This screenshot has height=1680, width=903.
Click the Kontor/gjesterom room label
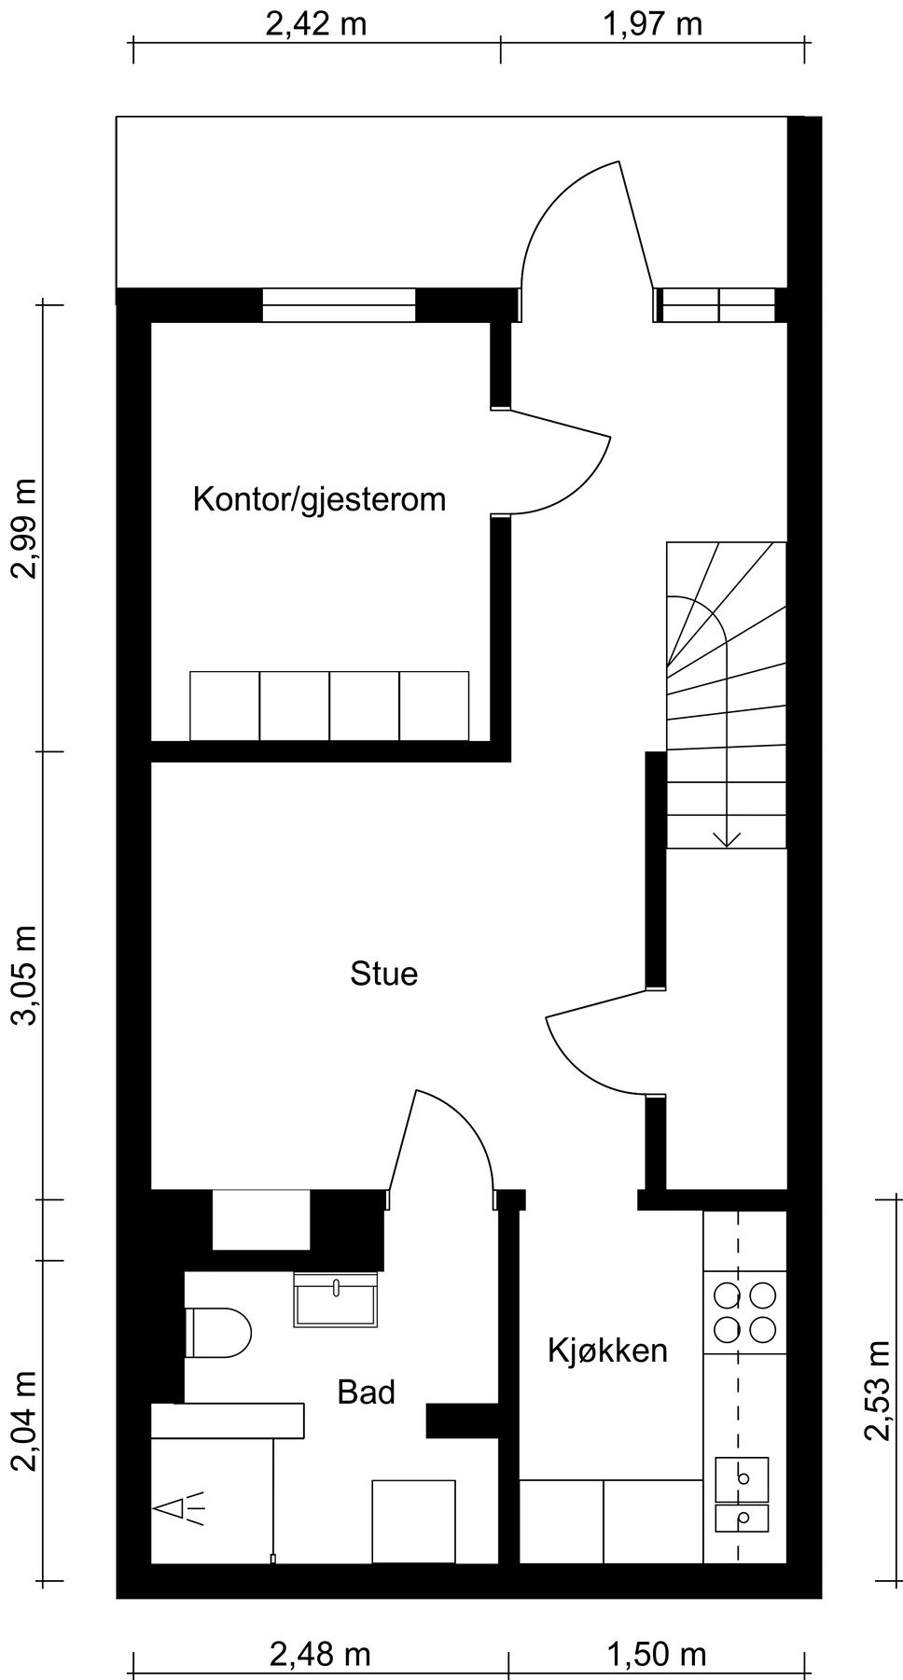[319, 499]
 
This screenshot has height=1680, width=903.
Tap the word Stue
[383, 973]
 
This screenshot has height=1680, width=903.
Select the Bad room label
[366, 1392]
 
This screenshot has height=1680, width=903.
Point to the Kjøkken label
[607, 1350]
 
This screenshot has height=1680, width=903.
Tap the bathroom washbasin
[336, 1300]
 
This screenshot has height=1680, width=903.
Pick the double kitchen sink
[743, 1493]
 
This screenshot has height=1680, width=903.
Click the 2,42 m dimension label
[316, 24]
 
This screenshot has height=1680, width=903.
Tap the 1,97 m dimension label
[653, 24]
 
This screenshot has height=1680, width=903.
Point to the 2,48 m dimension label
[320, 1655]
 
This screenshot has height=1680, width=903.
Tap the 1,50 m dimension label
[657, 1655]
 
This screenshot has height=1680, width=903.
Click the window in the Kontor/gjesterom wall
[338, 305]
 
